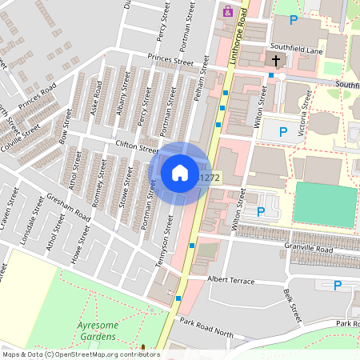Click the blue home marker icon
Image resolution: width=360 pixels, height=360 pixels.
click(180, 173)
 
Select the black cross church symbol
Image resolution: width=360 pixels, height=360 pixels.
click(275, 60)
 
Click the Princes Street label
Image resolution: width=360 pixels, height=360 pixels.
click(170, 60)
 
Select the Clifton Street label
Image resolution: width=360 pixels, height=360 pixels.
click(137, 146)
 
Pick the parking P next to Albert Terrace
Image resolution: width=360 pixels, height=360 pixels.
click(337, 285)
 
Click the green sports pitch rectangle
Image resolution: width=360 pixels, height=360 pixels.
click(324, 205)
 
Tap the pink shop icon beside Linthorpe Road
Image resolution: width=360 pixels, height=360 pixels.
click(228, 12)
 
